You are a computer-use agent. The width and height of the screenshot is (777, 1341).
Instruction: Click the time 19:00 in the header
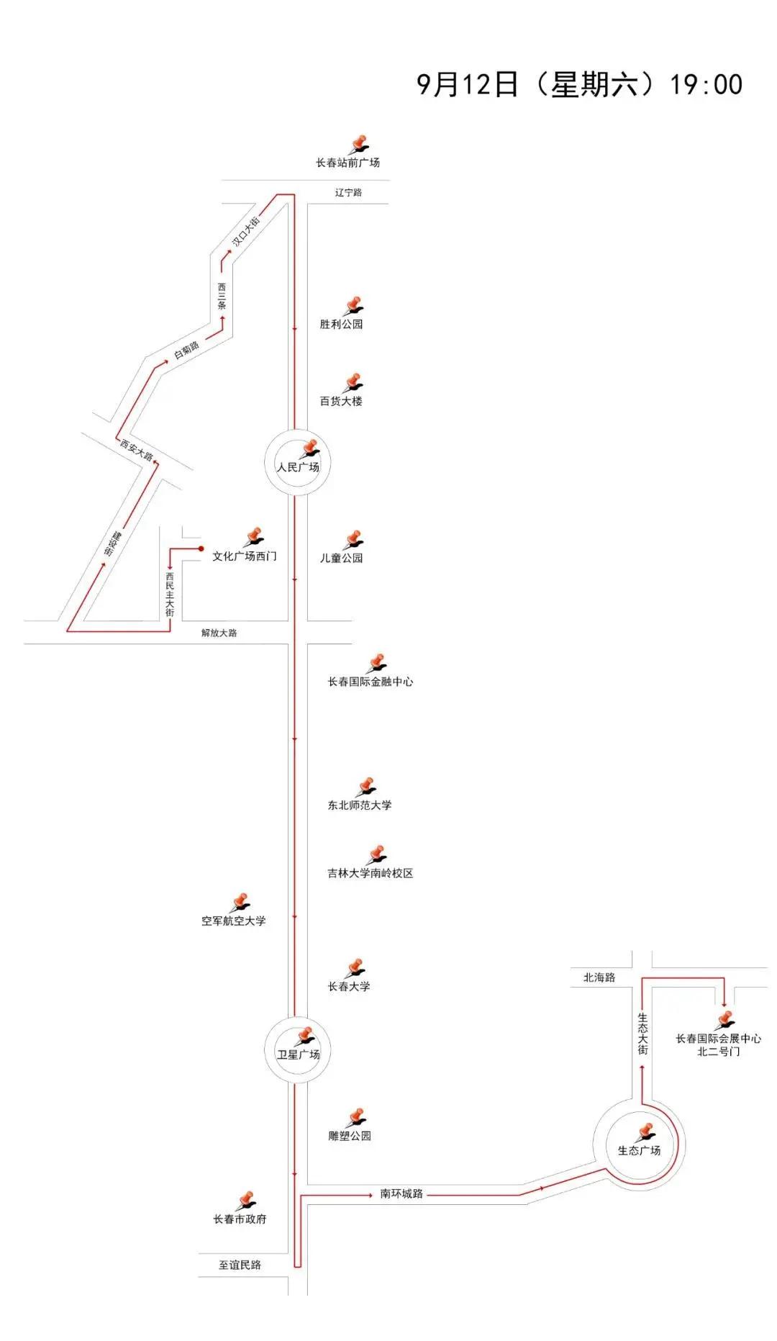pyautogui.click(x=706, y=85)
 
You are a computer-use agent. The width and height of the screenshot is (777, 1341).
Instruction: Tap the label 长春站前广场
pyautogui.click(x=347, y=163)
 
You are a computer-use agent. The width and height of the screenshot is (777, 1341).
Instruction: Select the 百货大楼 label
pyautogui.click(x=341, y=401)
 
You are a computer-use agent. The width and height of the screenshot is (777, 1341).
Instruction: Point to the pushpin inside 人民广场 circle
pyautogui.click(x=309, y=449)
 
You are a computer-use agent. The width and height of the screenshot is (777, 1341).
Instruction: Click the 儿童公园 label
pyautogui.click(x=341, y=558)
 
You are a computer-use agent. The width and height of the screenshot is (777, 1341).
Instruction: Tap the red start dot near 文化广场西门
pyautogui.click(x=201, y=548)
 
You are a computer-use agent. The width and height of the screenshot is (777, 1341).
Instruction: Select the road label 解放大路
pyautogui.click(x=219, y=633)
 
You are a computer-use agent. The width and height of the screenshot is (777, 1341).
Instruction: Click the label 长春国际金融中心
pyautogui.click(x=371, y=682)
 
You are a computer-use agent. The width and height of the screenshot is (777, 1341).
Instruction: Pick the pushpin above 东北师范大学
pyautogui.click(x=365, y=787)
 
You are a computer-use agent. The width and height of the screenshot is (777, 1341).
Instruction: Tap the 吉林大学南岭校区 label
pyautogui.click(x=371, y=873)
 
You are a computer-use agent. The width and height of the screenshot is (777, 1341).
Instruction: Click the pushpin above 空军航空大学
pyautogui.click(x=240, y=903)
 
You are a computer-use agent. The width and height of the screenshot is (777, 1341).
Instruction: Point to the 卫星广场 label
pyautogui.click(x=299, y=1055)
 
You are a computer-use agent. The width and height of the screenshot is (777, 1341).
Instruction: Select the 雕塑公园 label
pyautogui.click(x=350, y=1136)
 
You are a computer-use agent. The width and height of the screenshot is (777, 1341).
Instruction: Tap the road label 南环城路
pyautogui.click(x=401, y=1193)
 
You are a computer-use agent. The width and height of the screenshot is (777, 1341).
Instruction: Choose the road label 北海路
pyautogui.click(x=599, y=977)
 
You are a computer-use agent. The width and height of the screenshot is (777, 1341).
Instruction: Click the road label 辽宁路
pyautogui.click(x=348, y=193)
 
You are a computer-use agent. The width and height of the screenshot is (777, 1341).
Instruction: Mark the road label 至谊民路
pyautogui.click(x=240, y=1265)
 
